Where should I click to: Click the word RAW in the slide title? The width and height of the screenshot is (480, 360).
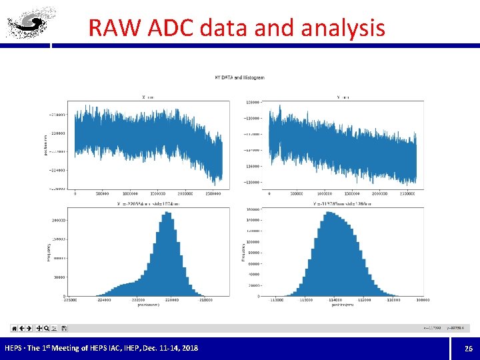110,28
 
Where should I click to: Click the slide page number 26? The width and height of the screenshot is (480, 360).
467,348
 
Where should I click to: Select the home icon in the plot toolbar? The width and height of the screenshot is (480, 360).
14,328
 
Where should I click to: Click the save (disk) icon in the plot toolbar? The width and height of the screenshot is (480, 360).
64,328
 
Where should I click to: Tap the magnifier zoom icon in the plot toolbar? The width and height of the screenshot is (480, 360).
47,328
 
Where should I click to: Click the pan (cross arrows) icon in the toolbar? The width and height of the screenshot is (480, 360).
39,328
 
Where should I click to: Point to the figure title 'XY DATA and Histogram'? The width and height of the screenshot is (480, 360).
239,77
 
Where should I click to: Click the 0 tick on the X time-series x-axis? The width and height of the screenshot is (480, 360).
75,194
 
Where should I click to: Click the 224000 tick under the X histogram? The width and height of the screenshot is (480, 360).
104,300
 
